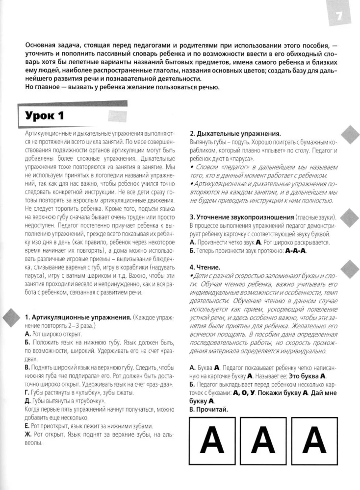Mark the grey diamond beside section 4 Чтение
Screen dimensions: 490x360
point(349,268)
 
